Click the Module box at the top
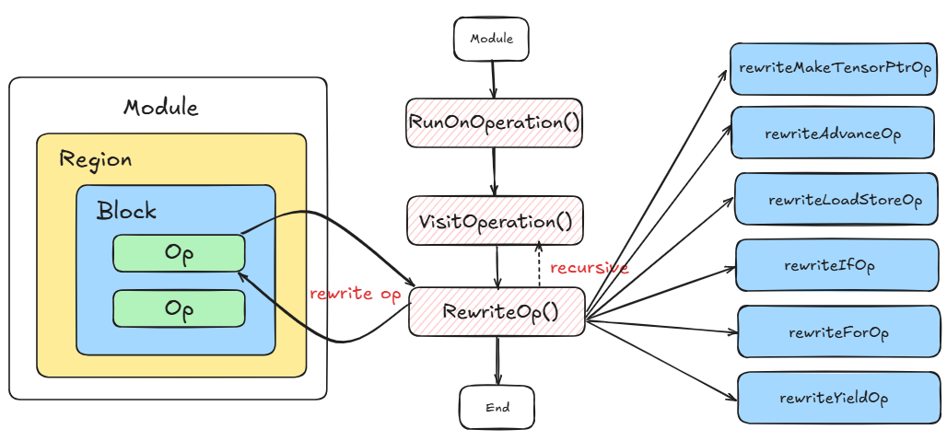coord(491,40)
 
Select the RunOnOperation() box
coord(495,122)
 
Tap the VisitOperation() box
coord(495,220)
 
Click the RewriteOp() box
coord(497,310)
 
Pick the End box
coord(497,406)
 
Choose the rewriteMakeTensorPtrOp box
coord(833,68)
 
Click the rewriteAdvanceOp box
coord(833,133)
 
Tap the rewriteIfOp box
coord(837,265)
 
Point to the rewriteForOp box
coord(837,331)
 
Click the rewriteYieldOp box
coord(837,398)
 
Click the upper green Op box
coord(179,253)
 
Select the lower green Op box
coord(179,308)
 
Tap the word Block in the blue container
coord(126,210)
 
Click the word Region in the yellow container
coord(95,158)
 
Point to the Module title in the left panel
coord(160,107)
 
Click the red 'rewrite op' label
coord(355,294)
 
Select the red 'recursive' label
coord(589,268)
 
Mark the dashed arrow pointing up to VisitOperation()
coord(539,263)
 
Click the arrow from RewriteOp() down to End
coord(497,360)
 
